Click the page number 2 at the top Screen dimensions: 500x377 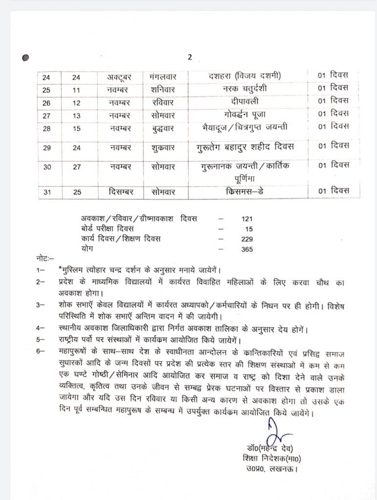click(x=189, y=57)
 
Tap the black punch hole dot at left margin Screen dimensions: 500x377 click(x=26, y=58)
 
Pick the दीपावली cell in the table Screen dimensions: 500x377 click(x=245, y=102)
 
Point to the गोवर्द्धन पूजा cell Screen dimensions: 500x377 click(x=245, y=114)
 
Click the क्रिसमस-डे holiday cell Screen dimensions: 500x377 click(x=245, y=191)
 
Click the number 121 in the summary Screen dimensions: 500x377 click(x=247, y=220)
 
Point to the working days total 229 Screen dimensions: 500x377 click(x=247, y=239)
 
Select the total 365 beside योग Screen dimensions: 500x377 click(x=247, y=249)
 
